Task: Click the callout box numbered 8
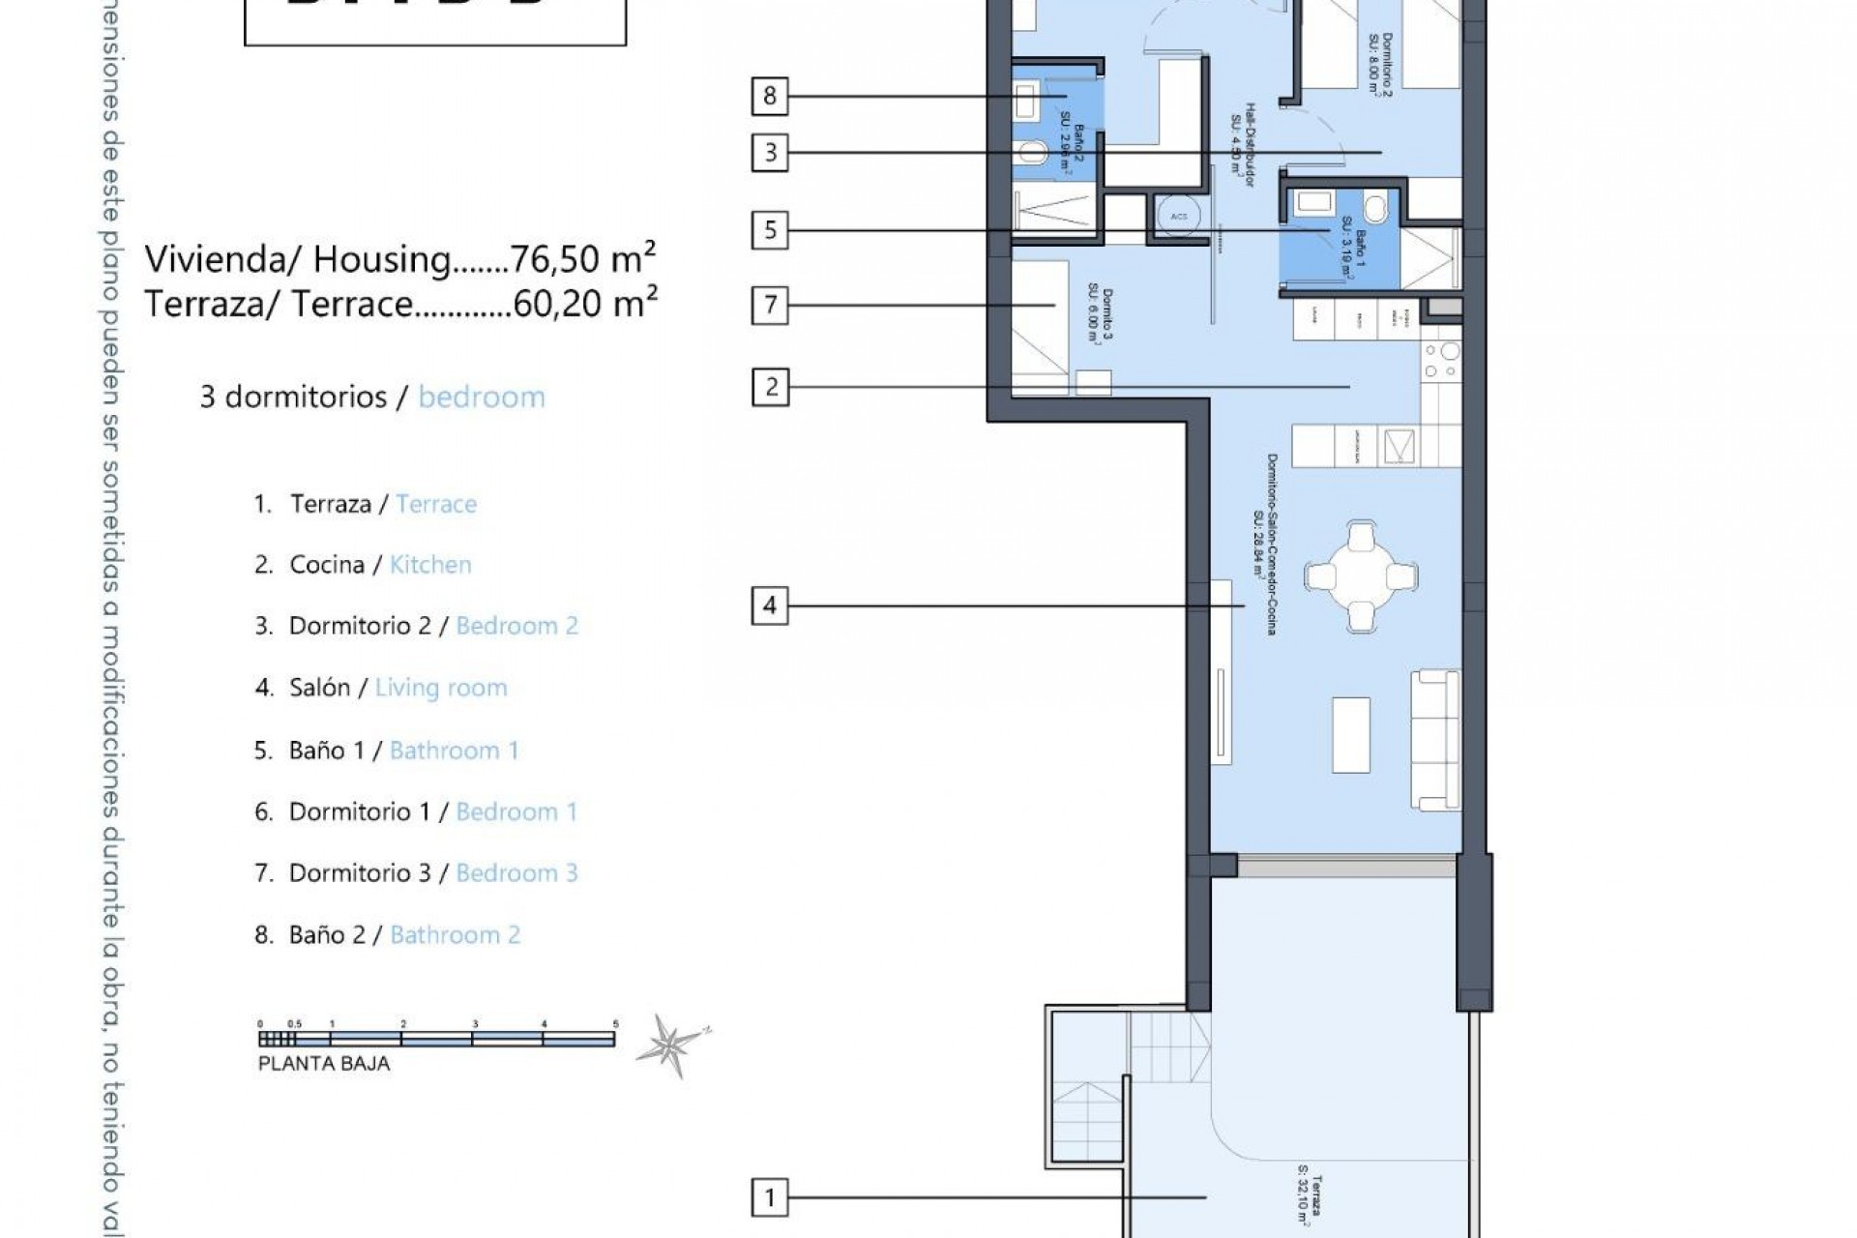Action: pos(770,96)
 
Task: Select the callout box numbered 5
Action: pos(770,230)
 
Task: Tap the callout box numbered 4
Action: pos(770,606)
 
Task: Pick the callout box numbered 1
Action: pos(770,1199)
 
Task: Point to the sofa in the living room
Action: pos(1435,740)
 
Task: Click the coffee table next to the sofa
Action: pos(1351,734)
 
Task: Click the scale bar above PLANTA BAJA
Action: pos(437,1040)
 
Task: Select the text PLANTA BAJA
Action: pos(324,1064)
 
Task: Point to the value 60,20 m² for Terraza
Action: pos(585,304)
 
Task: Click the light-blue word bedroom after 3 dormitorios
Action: pos(482,398)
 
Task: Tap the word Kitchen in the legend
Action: pos(430,565)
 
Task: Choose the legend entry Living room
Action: pos(441,688)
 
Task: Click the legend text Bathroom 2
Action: pos(455,935)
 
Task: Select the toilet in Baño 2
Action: pos(1033,152)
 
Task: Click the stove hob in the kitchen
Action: pos(1440,363)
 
